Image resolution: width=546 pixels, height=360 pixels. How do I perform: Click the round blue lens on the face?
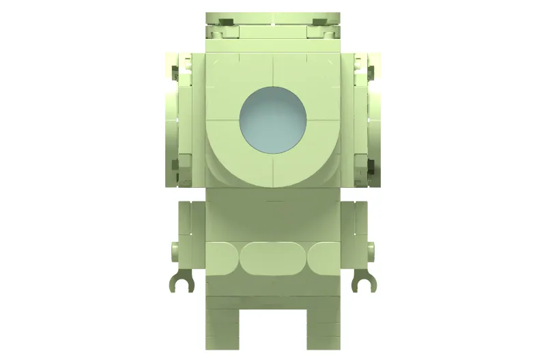(x=273, y=120)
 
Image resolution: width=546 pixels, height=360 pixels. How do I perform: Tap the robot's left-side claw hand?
(x=182, y=280)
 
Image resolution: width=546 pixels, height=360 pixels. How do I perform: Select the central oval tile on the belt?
(x=273, y=258)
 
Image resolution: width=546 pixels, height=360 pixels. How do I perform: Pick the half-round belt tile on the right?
(x=324, y=258)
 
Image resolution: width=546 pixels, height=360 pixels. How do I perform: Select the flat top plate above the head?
(x=273, y=16)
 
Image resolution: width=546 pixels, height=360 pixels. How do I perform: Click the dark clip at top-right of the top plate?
(x=321, y=21)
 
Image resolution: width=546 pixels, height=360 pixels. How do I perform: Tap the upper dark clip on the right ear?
(x=369, y=69)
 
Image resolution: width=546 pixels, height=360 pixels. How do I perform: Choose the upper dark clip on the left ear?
(x=177, y=69)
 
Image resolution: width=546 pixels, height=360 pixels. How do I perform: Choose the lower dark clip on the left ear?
(x=176, y=166)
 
